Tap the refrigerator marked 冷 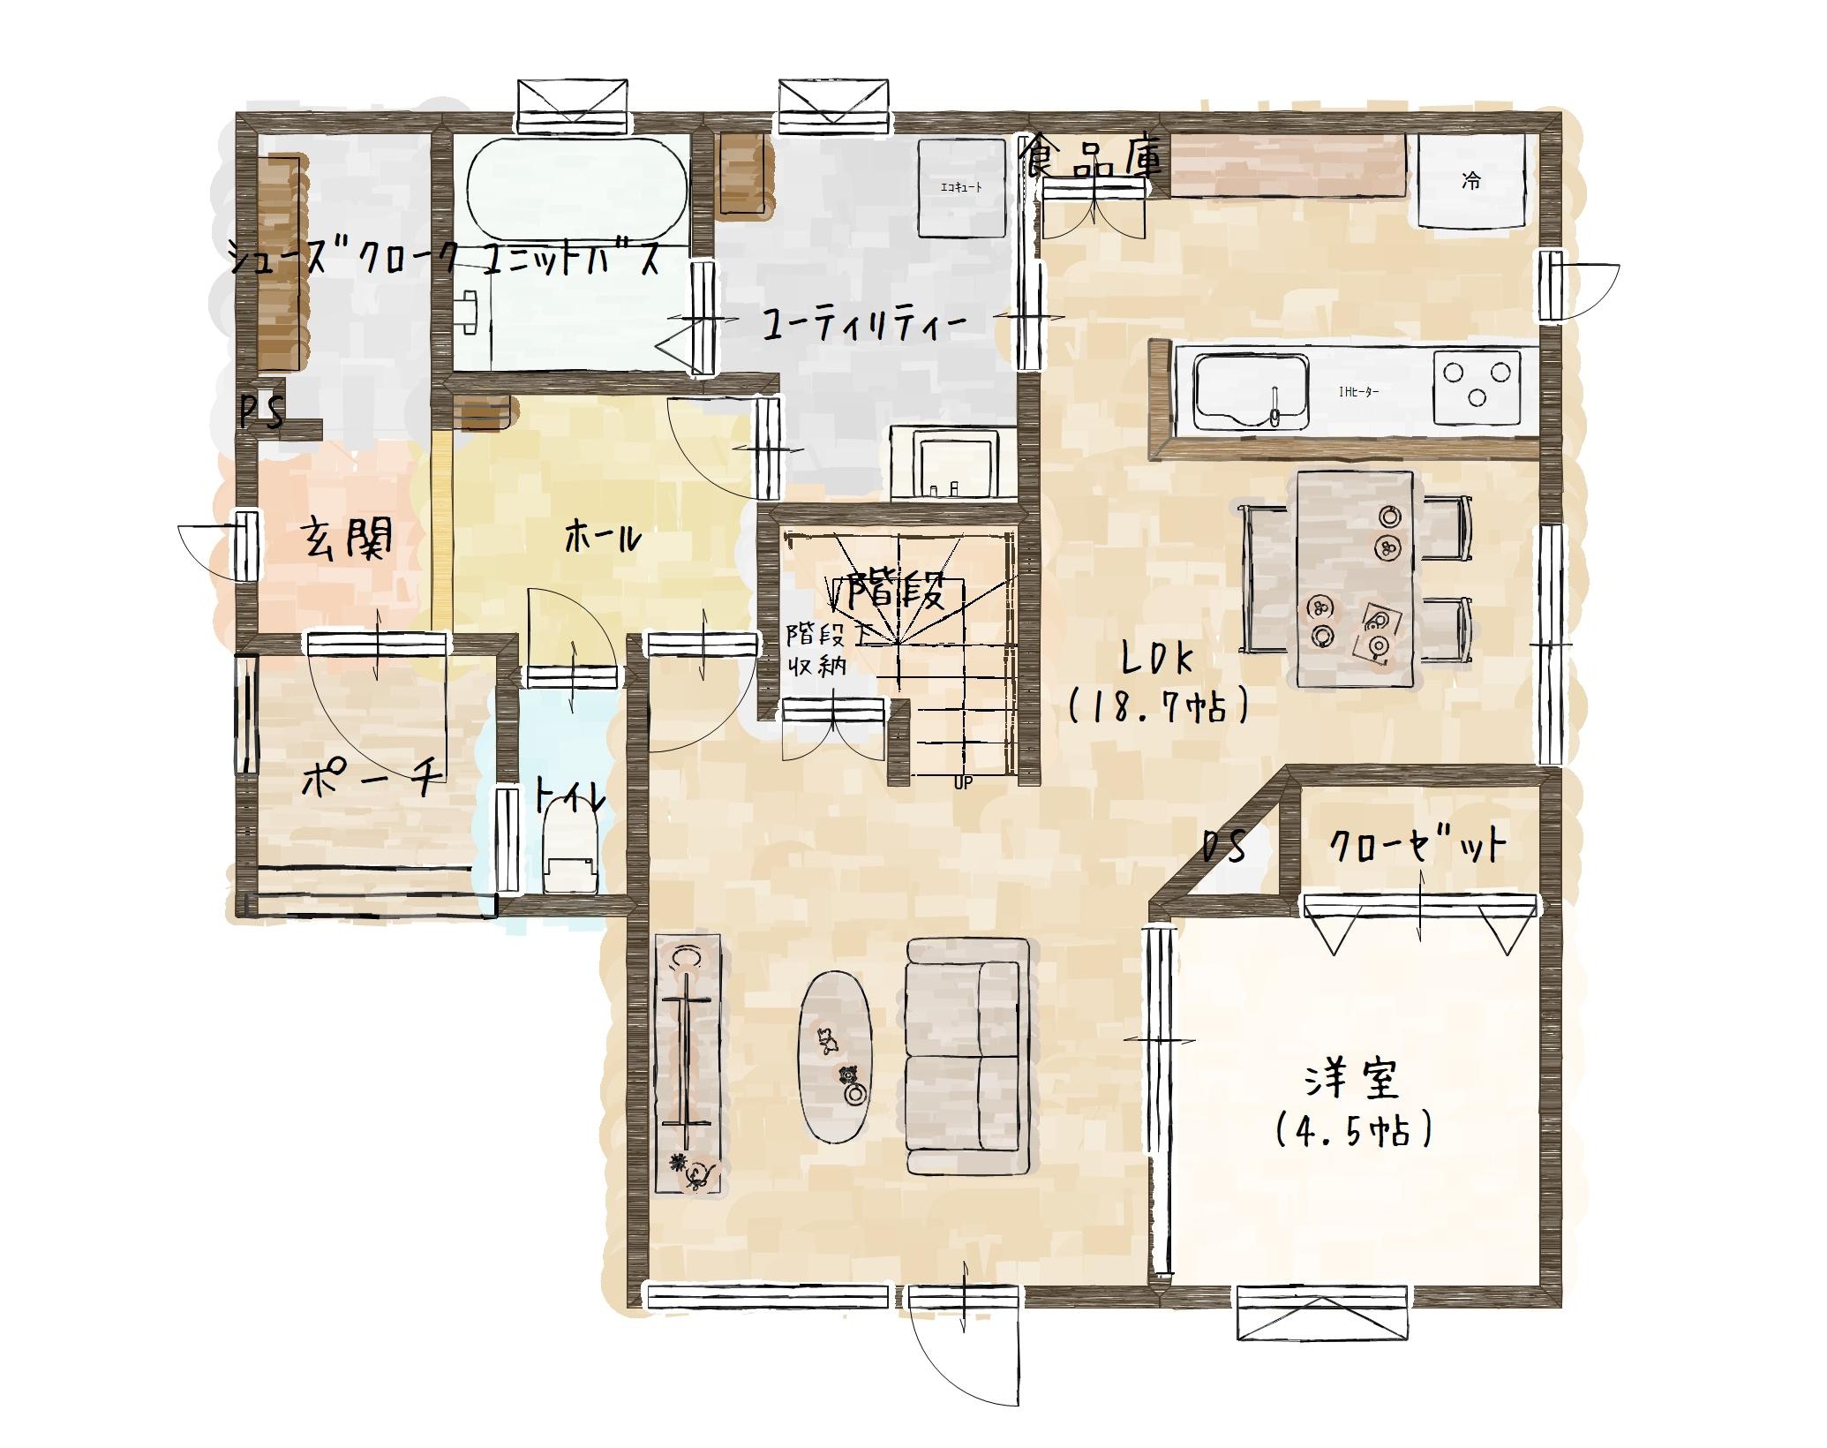(1472, 180)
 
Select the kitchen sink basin (1251, 391)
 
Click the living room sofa (968, 1056)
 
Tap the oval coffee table (835, 1058)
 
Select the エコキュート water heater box (961, 187)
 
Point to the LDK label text (1155, 660)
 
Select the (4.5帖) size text (1353, 1131)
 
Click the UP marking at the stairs (962, 782)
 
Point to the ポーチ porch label (371, 778)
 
